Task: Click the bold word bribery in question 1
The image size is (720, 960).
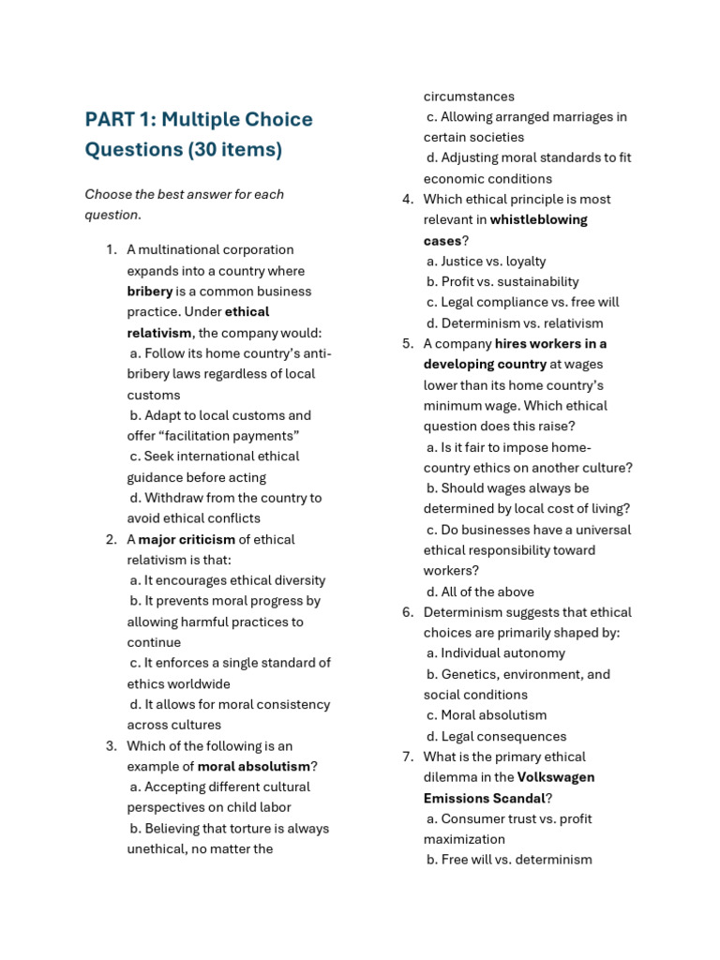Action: [x=150, y=292]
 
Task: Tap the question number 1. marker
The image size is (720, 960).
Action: [x=111, y=249]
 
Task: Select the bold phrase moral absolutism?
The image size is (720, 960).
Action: [x=257, y=766]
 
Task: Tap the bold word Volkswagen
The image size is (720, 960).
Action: [x=555, y=777]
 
